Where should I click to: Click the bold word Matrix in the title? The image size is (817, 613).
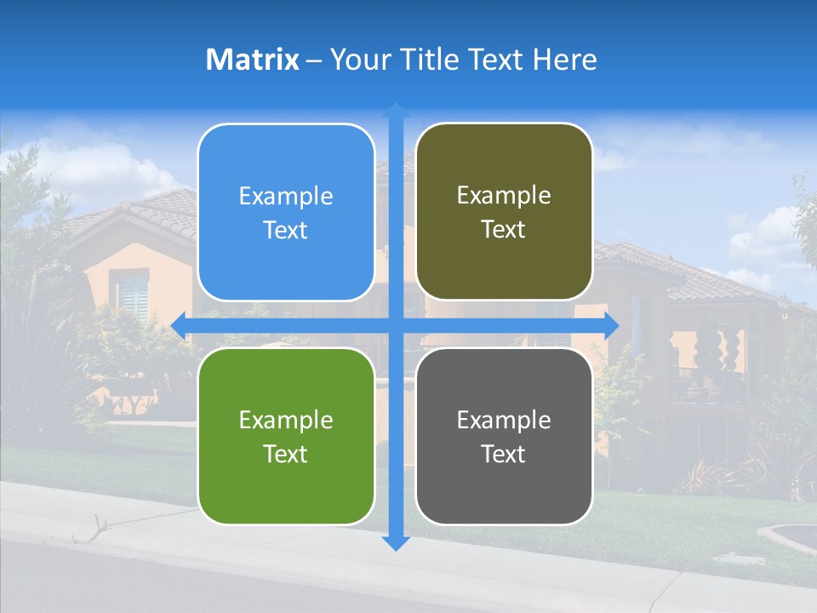pyautogui.click(x=253, y=60)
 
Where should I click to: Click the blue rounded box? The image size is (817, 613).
pyautogui.click(x=286, y=212)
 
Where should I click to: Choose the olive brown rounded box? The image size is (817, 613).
pyautogui.click(x=504, y=211)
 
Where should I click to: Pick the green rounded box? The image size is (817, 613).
pyautogui.click(x=286, y=436)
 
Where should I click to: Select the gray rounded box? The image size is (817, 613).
pyautogui.click(x=504, y=436)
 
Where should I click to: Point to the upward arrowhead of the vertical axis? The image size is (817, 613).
pyautogui.click(x=396, y=110)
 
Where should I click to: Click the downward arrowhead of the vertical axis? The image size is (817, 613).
pyautogui.click(x=396, y=543)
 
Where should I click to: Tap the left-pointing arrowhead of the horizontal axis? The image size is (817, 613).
pyautogui.click(x=179, y=325)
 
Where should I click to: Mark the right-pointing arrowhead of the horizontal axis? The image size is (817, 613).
pyautogui.click(x=612, y=325)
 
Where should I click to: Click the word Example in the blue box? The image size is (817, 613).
pyautogui.click(x=286, y=196)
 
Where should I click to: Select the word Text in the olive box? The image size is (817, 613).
pyautogui.click(x=504, y=230)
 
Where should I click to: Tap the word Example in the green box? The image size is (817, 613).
pyautogui.click(x=286, y=420)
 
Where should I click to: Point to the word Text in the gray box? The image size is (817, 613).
pyautogui.click(x=504, y=454)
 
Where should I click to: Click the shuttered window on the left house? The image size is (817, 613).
pyautogui.click(x=133, y=295)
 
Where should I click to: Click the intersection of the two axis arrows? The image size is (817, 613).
pyautogui.click(x=396, y=325)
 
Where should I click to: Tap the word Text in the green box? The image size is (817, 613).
pyautogui.click(x=286, y=454)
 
